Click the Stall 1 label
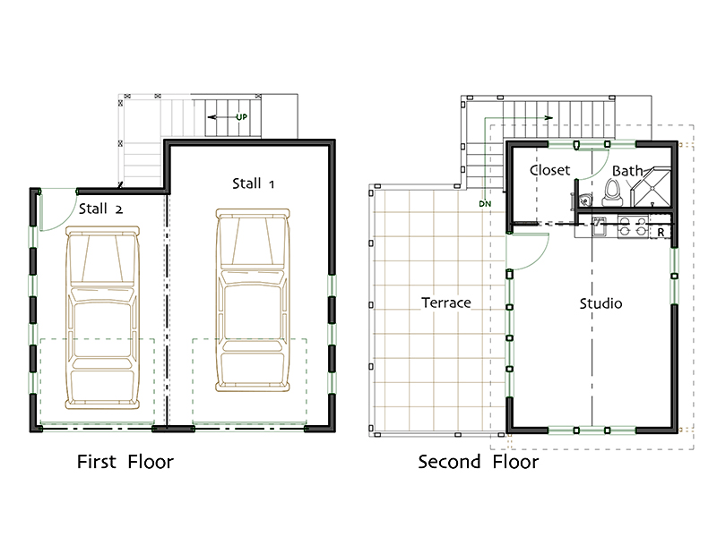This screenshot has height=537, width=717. pyautogui.click(x=253, y=183)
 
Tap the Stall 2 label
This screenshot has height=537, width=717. pyautogui.click(x=100, y=209)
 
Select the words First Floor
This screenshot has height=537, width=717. pyautogui.click(x=125, y=462)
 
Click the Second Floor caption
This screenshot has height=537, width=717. pyautogui.click(x=479, y=462)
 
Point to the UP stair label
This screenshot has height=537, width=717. pyautogui.click(x=241, y=117)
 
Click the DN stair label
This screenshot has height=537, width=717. pyautogui.click(x=485, y=204)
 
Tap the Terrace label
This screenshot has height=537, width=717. pyautogui.click(x=445, y=303)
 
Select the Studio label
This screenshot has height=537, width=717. pyautogui.click(x=600, y=303)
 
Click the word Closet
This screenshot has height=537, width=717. pyautogui.click(x=549, y=170)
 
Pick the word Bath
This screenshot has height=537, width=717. pyautogui.click(x=627, y=171)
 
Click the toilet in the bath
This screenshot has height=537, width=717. pyautogui.click(x=612, y=192)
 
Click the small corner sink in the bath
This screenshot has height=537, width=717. pyautogui.click(x=584, y=200)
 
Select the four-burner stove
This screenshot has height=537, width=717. pyautogui.click(x=633, y=226)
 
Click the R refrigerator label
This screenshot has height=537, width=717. pyautogui.click(x=661, y=233)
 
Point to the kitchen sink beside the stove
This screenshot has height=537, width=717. pyautogui.click(x=598, y=226)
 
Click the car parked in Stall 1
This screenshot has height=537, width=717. pyautogui.click(x=253, y=301)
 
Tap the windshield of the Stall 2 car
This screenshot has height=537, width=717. pyautogui.click(x=102, y=259)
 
